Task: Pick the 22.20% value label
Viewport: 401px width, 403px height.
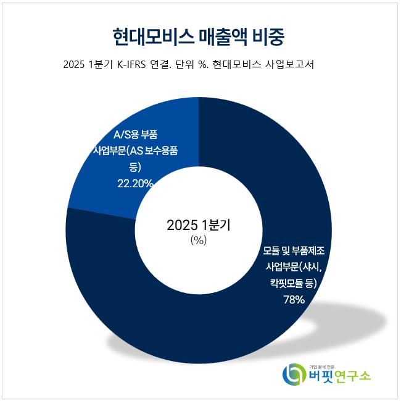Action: click(135, 183)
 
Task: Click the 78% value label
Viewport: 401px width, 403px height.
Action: click(294, 300)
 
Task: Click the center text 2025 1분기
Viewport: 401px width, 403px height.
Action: click(198, 226)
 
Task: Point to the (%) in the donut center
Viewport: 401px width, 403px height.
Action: click(198, 241)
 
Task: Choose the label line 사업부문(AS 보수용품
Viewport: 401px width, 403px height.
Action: click(134, 151)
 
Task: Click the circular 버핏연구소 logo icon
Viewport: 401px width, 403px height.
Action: click(293, 373)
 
